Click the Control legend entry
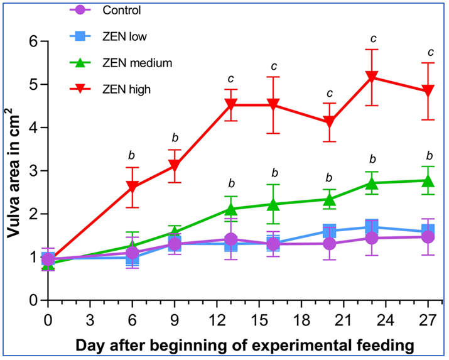click(124, 10)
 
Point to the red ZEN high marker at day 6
click(133, 187)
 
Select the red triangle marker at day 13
click(231, 104)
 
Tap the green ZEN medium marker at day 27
click(430, 181)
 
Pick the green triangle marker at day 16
click(273, 204)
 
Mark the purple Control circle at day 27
click(430, 237)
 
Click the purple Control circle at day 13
click(231, 239)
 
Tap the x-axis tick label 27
click(430, 319)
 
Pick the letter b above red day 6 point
click(131, 155)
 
